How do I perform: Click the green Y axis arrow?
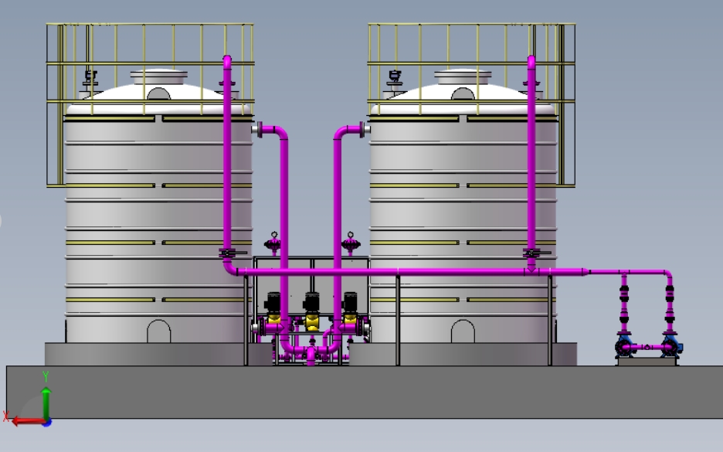[46, 403]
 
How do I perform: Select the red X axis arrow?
[28, 420]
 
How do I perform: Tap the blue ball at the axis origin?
[46, 422]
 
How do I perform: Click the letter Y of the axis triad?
[46, 376]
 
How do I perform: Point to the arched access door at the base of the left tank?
[158, 331]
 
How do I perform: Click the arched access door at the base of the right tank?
[463, 331]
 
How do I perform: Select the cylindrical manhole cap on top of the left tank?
[159, 76]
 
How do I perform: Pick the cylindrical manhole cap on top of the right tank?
[463, 76]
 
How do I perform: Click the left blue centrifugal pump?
[625, 347]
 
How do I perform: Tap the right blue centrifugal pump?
[671, 347]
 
